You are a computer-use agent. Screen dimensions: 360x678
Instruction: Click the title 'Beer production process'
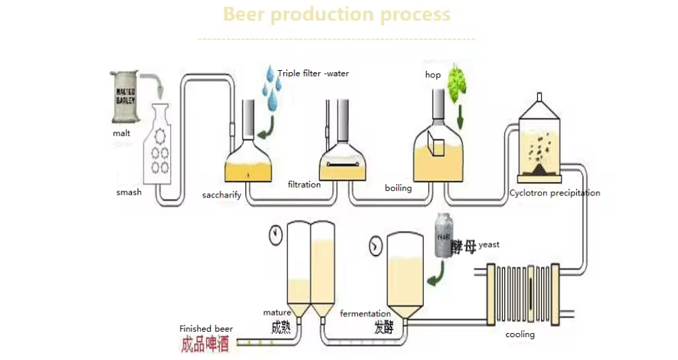(x=336, y=14)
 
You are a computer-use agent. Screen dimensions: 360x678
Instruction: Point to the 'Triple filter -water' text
(x=313, y=73)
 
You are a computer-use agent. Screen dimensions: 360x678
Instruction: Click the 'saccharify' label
(x=222, y=196)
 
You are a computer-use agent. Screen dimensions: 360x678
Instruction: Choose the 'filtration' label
(x=304, y=184)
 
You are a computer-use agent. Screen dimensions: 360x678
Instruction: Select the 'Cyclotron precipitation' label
(x=555, y=193)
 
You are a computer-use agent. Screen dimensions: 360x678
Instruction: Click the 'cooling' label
(x=520, y=334)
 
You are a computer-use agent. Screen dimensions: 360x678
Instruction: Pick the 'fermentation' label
(x=365, y=313)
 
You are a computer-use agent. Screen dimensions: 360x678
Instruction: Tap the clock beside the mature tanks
(x=275, y=235)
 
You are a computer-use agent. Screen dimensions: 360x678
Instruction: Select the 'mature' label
(x=276, y=312)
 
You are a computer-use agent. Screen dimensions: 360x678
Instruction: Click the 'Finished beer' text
(x=206, y=329)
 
